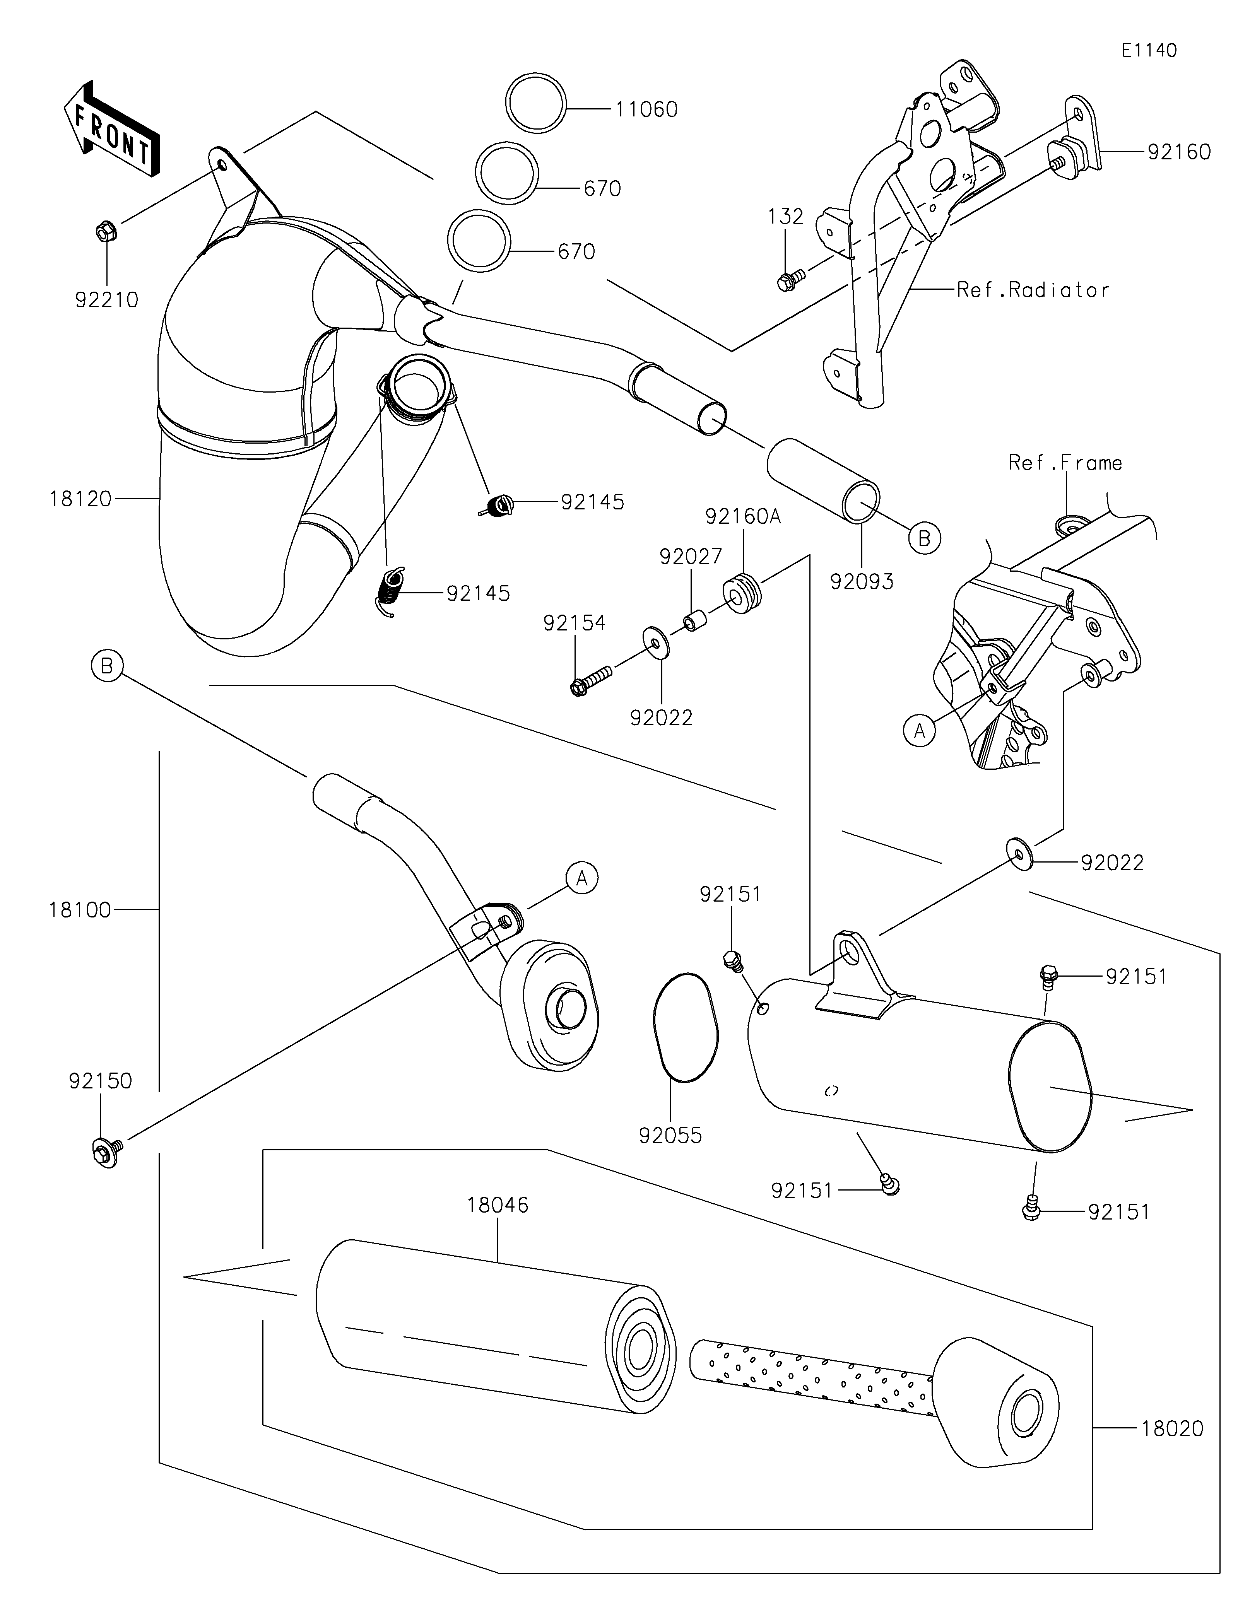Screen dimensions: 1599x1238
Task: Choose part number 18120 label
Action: [x=80, y=499]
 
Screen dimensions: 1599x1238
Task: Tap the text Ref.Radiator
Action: [x=1032, y=290]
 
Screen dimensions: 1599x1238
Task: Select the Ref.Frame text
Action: [x=1065, y=463]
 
